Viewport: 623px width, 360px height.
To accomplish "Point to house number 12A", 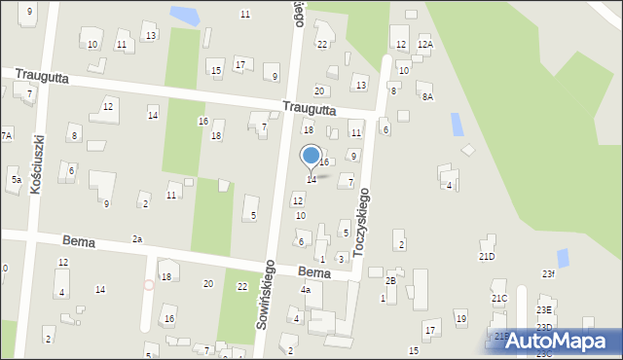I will tap(425, 45).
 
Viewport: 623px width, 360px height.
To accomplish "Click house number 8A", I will tap(426, 96).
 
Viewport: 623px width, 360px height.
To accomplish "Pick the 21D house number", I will tap(487, 256).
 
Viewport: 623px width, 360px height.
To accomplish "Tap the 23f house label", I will tap(549, 274).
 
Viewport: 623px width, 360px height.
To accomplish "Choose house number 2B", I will tap(390, 280).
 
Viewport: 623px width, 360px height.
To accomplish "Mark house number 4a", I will tap(305, 290).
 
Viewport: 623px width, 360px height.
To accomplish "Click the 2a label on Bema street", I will tap(137, 238).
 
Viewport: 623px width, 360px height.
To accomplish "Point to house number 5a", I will tap(16, 180).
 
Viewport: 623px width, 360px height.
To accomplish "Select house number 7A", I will tap(6, 135).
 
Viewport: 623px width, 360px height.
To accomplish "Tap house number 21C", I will tap(499, 298).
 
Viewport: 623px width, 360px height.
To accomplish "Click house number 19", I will tap(460, 319).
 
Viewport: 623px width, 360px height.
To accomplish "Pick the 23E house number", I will tap(543, 310).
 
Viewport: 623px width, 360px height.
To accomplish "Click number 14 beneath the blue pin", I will tap(311, 180).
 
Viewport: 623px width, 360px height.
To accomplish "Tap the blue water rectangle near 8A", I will tap(458, 124).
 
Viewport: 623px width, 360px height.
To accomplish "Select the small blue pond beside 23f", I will tap(563, 258).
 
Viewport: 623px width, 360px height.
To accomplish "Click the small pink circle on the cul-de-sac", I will tap(149, 285).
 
